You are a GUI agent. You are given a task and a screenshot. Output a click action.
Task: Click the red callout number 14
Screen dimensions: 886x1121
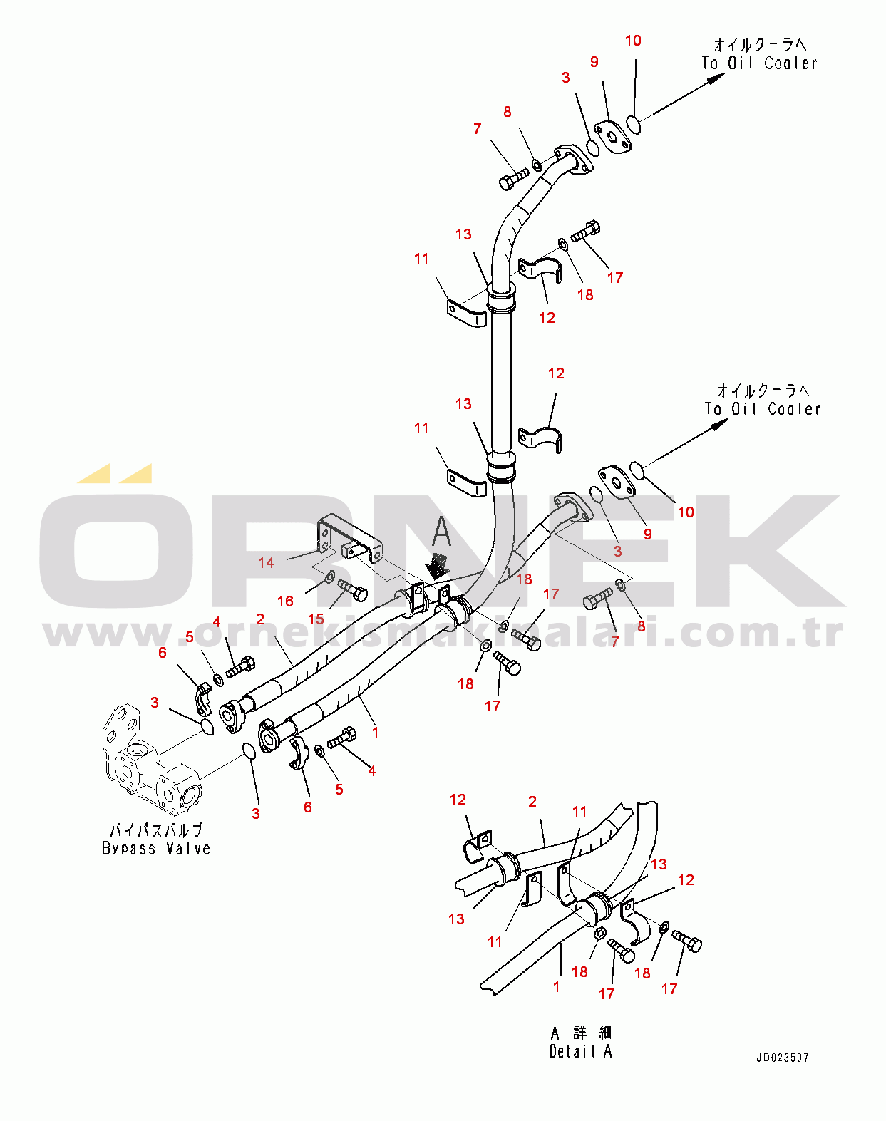(266, 562)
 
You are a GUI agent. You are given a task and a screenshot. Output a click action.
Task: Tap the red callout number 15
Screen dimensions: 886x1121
(316, 619)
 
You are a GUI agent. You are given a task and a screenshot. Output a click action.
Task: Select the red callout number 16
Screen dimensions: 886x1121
(285, 601)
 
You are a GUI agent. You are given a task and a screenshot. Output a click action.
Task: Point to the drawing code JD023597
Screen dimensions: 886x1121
(782, 1058)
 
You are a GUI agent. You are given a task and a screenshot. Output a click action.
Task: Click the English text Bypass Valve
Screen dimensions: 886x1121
(156, 849)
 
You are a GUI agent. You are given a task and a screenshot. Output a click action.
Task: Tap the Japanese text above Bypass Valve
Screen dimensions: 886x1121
(156, 830)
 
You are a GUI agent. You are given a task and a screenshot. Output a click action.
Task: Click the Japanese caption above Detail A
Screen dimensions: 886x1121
(581, 1033)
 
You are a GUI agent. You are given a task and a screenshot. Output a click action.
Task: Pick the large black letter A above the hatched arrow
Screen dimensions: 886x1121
(442, 532)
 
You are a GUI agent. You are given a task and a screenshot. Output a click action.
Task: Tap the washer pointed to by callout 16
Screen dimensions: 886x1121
(330, 577)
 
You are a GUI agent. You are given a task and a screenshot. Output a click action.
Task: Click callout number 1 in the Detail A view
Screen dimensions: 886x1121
(556, 986)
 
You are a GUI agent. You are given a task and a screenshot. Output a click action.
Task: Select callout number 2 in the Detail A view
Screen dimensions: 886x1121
(532, 801)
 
